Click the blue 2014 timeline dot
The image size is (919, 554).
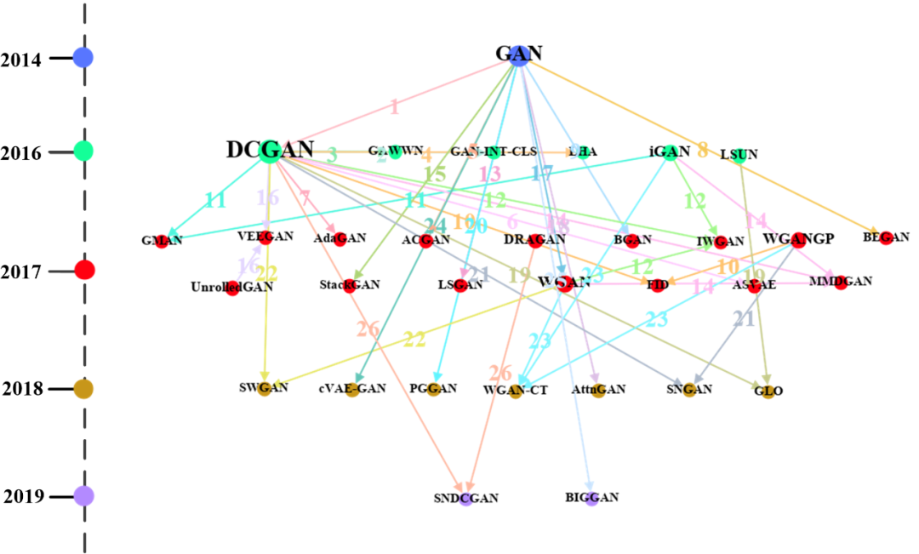[x=83, y=58]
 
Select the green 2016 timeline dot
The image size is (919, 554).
[x=83, y=151]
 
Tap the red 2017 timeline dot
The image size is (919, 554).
[x=84, y=271]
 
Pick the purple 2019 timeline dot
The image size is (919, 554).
[x=83, y=495]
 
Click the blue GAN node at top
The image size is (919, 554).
[x=519, y=54]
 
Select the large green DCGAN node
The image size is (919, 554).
[x=270, y=151]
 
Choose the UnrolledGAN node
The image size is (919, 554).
[x=232, y=288]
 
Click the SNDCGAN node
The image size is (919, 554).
[x=465, y=499]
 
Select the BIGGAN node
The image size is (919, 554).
[x=592, y=497]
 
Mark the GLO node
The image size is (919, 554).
[x=768, y=391]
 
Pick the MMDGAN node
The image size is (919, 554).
[x=841, y=282]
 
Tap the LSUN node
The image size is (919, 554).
[x=739, y=154]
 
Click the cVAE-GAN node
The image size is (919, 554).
[x=352, y=390]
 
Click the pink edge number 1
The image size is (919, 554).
[x=393, y=108]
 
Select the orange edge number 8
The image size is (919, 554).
[x=702, y=151]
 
